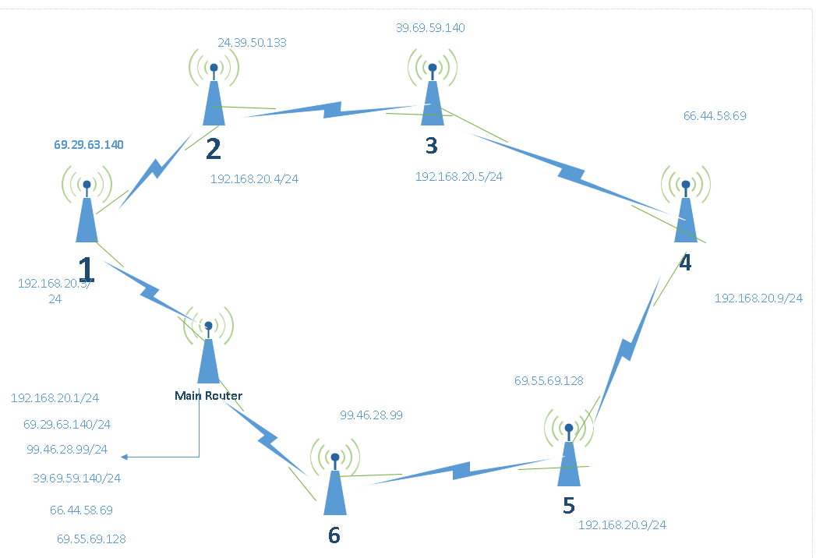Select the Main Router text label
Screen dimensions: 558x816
pos(208,396)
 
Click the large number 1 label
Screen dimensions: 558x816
pos(85,270)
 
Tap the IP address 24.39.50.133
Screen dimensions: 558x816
pos(253,42)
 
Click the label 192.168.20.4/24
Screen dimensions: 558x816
pos(254,178)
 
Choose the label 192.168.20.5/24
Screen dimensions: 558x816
pos(458,176)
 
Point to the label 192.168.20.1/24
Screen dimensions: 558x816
pos(55,397)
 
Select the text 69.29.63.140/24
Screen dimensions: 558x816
pos(67,425)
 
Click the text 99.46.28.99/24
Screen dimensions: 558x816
pos(67,450)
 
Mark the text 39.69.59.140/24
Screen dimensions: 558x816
pos(76,478)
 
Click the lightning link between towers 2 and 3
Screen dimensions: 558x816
pos(331,110)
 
